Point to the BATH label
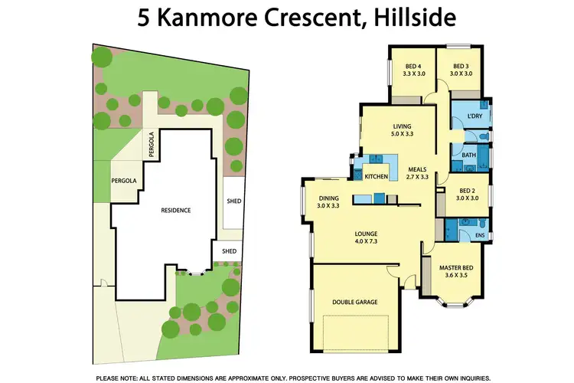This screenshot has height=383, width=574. click(468, 155)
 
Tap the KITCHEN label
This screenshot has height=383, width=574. click(376, 178)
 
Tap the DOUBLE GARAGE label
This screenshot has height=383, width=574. click(354, 303)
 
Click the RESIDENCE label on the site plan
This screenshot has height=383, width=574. click(175, 210)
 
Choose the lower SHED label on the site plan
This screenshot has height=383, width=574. click(228, 250)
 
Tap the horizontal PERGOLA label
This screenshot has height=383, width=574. click(124, 181)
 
